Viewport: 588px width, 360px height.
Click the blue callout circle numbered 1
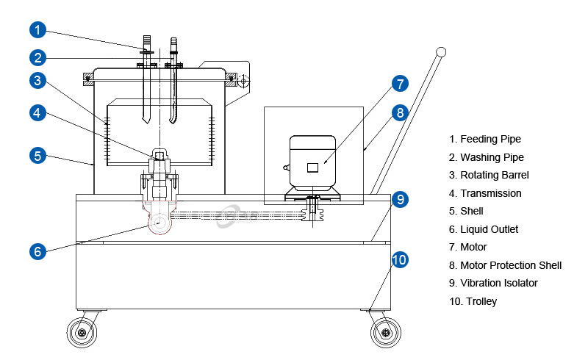pyautogui.click(x=39, y=30)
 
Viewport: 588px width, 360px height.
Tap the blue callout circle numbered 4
pyautogui.click(x=39, y=112)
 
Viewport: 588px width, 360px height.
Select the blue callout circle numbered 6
pyautogui.click(x=39, y=251)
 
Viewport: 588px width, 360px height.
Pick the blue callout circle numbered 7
pyautogui.click(x=398, y=83)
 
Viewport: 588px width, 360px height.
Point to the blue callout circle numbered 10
pyautogui.click(x=398, y=260)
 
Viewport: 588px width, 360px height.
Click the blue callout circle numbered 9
pyautogui.click(x=398, y=198)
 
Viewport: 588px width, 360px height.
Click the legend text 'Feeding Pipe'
pyautogui.click(x=490, y=139)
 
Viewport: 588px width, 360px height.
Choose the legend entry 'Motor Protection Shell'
pyautogui.click(x=511, y=265)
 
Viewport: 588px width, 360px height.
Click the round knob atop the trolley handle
pyautogui.click(x=441, y=52)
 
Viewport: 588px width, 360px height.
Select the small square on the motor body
pyautogui.click(x=312, y=167)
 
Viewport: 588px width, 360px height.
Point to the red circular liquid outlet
pyautogui.click(x=159, y=220)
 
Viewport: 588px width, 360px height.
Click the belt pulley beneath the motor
pyautogui.click(x=313, y=212)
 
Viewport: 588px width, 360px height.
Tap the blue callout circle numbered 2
pyautogui.click(x=39, y=57)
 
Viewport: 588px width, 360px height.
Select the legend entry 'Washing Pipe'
pyautogui.click(x=492, y=157)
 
